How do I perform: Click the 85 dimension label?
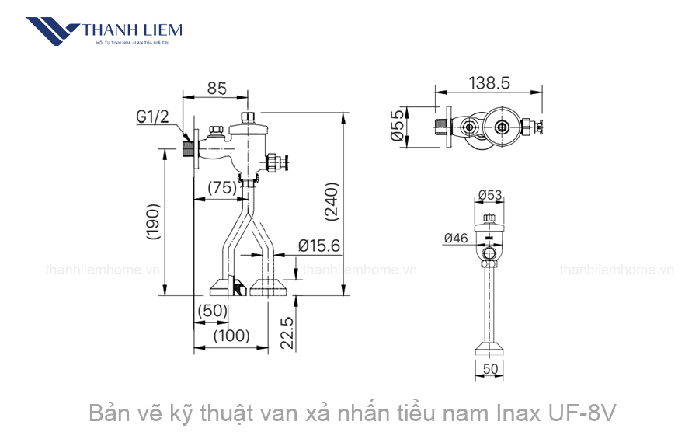coord(217,89)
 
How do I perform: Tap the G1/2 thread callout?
coord(152,117)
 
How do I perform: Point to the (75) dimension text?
coord(222,187)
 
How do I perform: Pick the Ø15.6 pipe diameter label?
coord(319,246)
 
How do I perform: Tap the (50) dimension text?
coord(211,310)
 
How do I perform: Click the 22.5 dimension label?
coord(287,333)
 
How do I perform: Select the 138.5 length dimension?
coord(489,83)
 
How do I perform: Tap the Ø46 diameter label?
coord(456,239)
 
